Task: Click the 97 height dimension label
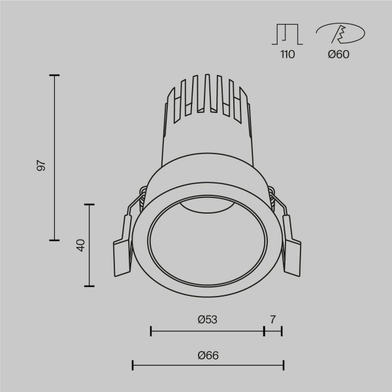tap(41, 165)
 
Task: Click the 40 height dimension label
tap(80, 246)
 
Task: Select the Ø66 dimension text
tap(208, 355)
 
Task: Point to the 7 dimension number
tap(272, 319)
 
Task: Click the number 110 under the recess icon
tap(287, 54)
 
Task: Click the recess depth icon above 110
tap(287, 34)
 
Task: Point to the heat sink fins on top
tap(206, 98)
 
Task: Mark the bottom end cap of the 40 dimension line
tap(90, 286)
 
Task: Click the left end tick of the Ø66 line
tap(133, 365)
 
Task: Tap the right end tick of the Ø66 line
tap(283, 365)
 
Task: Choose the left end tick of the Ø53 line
tap(151, 331)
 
